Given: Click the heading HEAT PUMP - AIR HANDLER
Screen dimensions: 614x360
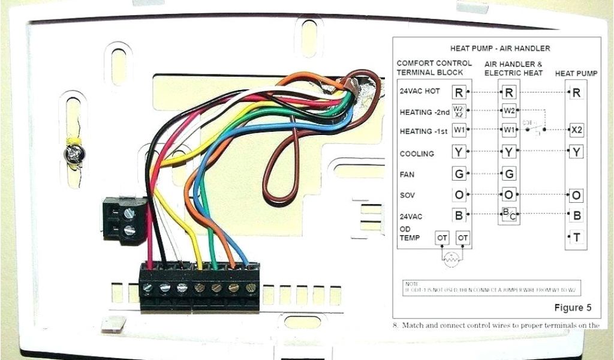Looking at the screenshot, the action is click(500, 48).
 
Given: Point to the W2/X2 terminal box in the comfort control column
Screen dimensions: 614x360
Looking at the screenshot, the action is click(459, 111).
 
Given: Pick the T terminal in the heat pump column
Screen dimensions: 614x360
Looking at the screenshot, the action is click(576, 237).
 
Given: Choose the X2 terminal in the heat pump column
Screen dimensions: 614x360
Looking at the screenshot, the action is click(576, 130).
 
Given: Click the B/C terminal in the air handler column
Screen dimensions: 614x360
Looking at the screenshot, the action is click(508, 214).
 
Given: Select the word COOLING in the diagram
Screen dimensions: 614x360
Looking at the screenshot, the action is click(417, 154).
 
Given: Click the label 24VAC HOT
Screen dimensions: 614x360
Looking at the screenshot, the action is click(420, 92).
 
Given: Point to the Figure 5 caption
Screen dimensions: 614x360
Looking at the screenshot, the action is click(572, 308).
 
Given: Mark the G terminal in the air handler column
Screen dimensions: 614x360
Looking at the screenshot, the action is click(508, 174).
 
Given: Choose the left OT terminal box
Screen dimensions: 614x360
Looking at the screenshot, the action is click(443, 238).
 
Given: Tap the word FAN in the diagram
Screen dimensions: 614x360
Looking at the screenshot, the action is click(408, 175).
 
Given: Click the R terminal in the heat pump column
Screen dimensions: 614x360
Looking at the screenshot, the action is click(576, 92).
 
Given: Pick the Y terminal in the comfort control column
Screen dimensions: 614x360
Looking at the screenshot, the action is click(459, 152).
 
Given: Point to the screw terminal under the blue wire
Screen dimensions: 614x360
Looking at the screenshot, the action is click(251, 287).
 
